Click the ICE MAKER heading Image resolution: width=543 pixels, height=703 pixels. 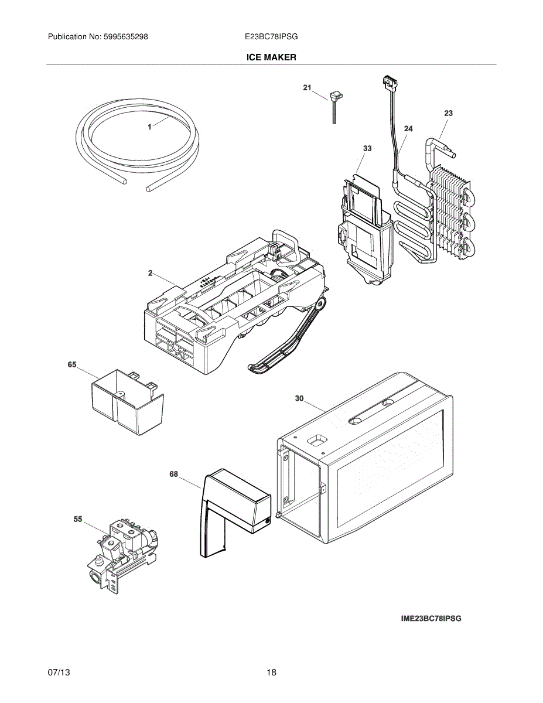click(271, 57)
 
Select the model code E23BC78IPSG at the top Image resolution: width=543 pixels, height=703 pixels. click(271, 36)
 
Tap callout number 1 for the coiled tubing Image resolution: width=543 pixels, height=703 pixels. click(149, 127)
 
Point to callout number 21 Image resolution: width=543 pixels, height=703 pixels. click(307, 88)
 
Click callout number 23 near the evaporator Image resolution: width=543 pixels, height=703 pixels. click(448, 113)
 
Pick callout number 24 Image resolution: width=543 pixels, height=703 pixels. click(408, 129)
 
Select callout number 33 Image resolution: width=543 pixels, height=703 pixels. click(367, 149)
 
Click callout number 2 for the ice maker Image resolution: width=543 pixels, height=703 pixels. click(150, 273)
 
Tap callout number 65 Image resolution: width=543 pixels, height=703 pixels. click(72, 364)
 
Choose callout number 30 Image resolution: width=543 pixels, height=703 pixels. click(299, 398)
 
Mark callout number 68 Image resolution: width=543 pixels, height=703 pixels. click(174, 475)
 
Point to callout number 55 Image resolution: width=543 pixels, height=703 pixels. click(78, 519)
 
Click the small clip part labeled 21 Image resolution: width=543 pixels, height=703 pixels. click(335, 100)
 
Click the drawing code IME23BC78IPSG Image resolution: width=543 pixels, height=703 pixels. click(431, 619)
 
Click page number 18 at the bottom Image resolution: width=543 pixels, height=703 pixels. click(271, 672)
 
